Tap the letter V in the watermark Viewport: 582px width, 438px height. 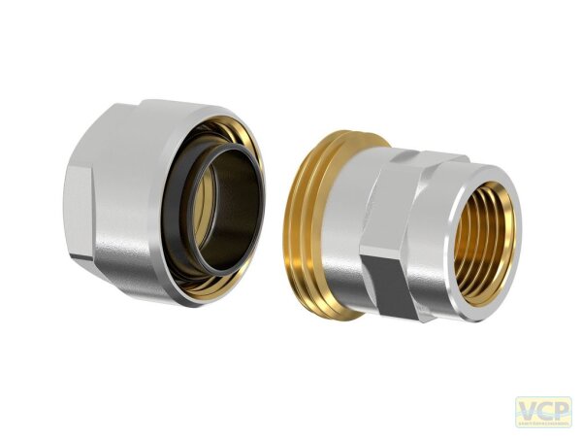click(525, 409)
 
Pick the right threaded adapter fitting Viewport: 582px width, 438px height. click(407, 228)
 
